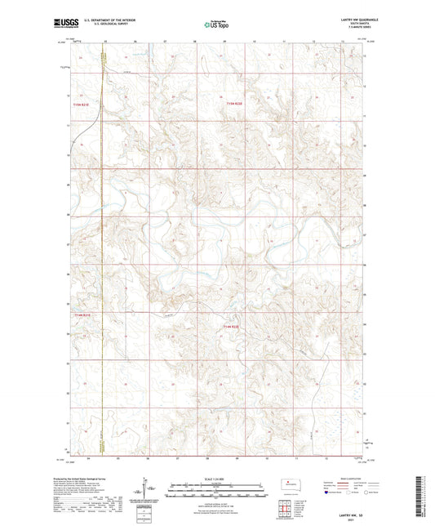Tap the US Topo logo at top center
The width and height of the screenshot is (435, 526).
(x=216, y=25)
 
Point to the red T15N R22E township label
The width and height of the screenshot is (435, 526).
(x=235, y=104)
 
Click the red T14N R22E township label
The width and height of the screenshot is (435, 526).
(x=231, y=326)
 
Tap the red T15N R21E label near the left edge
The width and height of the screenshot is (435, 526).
(x=79, y=104)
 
